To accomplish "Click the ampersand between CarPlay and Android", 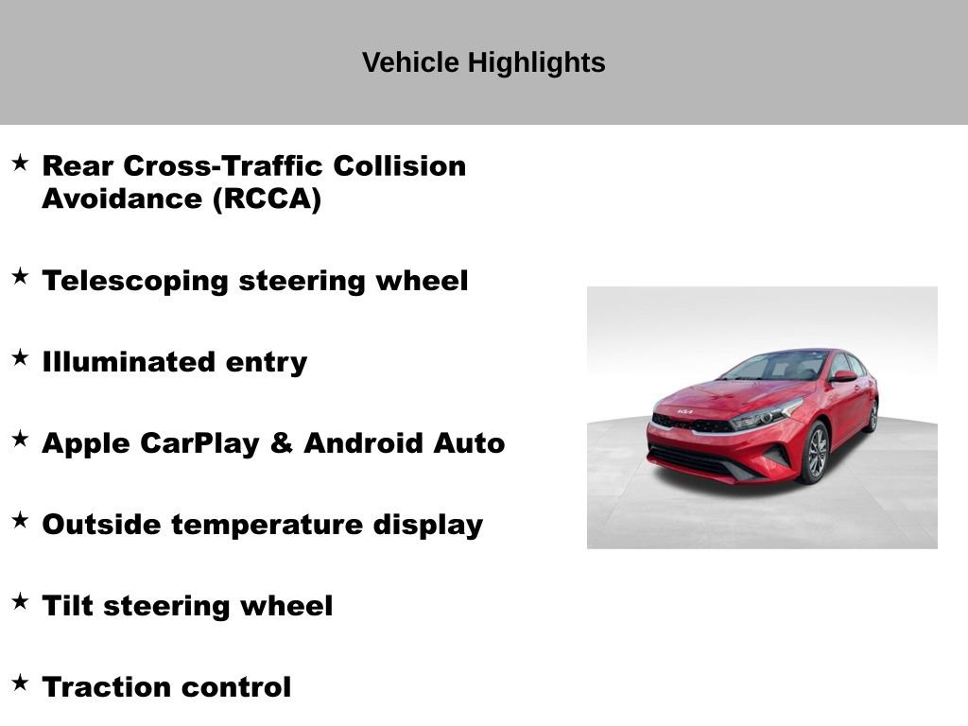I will coord(282,443).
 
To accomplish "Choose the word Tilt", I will coord(66,606).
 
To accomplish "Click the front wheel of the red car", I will coord(813,453).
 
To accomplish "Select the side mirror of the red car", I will coord(843,376).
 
